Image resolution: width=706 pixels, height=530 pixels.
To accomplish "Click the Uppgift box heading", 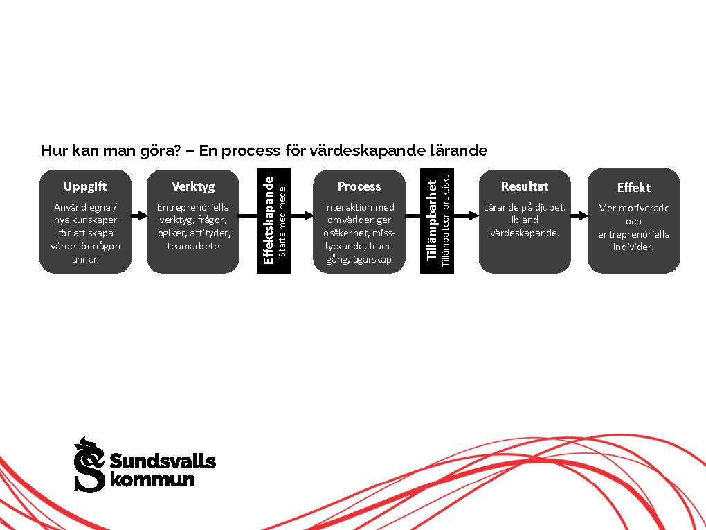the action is (x=85, y=186).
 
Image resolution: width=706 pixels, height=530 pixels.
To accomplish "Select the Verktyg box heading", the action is (x=193, y=186).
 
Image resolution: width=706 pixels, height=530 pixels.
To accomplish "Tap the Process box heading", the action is (x=359, y=186).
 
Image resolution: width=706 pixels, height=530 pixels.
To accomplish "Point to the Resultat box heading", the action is (x=525, y=186).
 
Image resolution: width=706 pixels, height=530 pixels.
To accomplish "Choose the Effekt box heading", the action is (x=633, y=188).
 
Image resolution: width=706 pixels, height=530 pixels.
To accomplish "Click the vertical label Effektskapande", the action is (x=269, y=220).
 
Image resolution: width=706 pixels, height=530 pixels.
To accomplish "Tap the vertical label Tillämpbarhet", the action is (x=432, y=220).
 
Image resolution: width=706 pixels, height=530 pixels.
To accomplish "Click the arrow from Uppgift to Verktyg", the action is (x=139, y=216).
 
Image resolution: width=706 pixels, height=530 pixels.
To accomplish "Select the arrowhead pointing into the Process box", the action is (x=309, y=216).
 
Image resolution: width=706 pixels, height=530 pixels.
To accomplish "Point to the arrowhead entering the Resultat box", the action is (x=473, y=216).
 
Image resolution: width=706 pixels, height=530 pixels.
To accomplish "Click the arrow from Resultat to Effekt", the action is (x=579, y=216).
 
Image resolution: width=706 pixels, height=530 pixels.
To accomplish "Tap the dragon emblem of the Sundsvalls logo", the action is (x=89, y=464).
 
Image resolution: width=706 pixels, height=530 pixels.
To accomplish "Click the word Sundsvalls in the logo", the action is (x=163, y=461).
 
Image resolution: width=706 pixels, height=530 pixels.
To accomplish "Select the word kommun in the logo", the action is (x=152, y=480).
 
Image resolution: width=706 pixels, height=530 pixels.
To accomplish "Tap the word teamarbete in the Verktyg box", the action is (x=193, y=246).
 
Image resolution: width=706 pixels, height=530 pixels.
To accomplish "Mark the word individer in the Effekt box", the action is (x=633, y=247).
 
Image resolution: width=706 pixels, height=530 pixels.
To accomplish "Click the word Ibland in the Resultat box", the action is (x=525, y=220).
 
